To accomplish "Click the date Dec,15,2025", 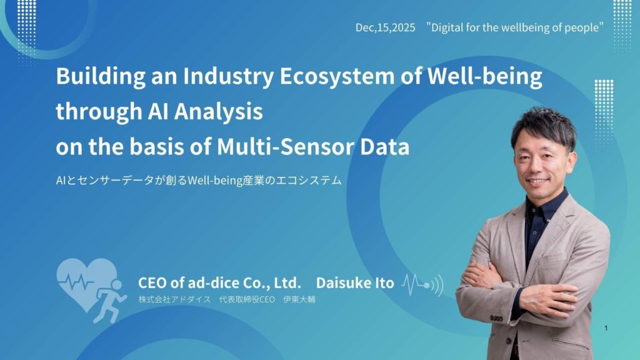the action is tap(385, 27).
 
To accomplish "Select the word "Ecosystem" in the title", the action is tap(337, 76).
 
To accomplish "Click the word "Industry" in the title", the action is tap(227, 76).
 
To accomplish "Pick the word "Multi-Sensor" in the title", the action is tap(286, 147).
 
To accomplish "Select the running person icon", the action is tap(110, 301).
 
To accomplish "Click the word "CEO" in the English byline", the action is tap(152, 282).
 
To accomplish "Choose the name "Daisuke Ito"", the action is tap(355, 282).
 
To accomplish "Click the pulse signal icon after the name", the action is tap(422, 285).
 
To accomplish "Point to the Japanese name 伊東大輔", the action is tap(299, 299).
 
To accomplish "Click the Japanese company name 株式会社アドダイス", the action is tap(175, 299).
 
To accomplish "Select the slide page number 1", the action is tap(606, 327).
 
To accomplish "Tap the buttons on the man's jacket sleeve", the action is tap(496, 318).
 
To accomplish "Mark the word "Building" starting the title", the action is tap(101, 76).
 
